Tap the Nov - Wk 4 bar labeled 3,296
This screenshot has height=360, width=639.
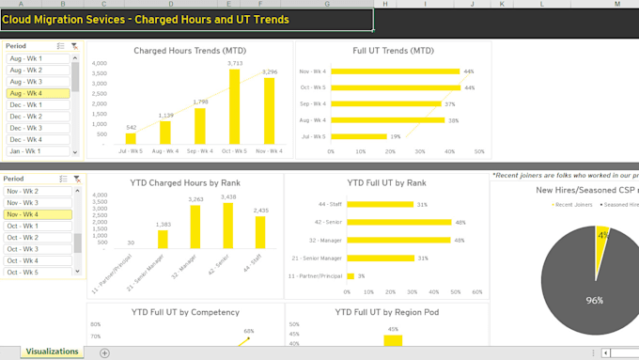coord(269,110)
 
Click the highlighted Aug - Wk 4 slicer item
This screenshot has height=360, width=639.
coord(39,94)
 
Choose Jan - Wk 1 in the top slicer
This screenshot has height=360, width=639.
coord(39,151)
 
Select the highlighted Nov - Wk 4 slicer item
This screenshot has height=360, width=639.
coord(39,214)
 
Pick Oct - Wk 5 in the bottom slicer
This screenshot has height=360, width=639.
coord(39,273)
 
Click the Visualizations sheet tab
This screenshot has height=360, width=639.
coord(53,352)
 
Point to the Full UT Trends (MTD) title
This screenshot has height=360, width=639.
coord(393,51)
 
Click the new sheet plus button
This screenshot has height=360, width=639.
coord(104,352)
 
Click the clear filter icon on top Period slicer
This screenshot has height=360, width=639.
coord(75,45)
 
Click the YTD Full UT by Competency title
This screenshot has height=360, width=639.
coord(184,311)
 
